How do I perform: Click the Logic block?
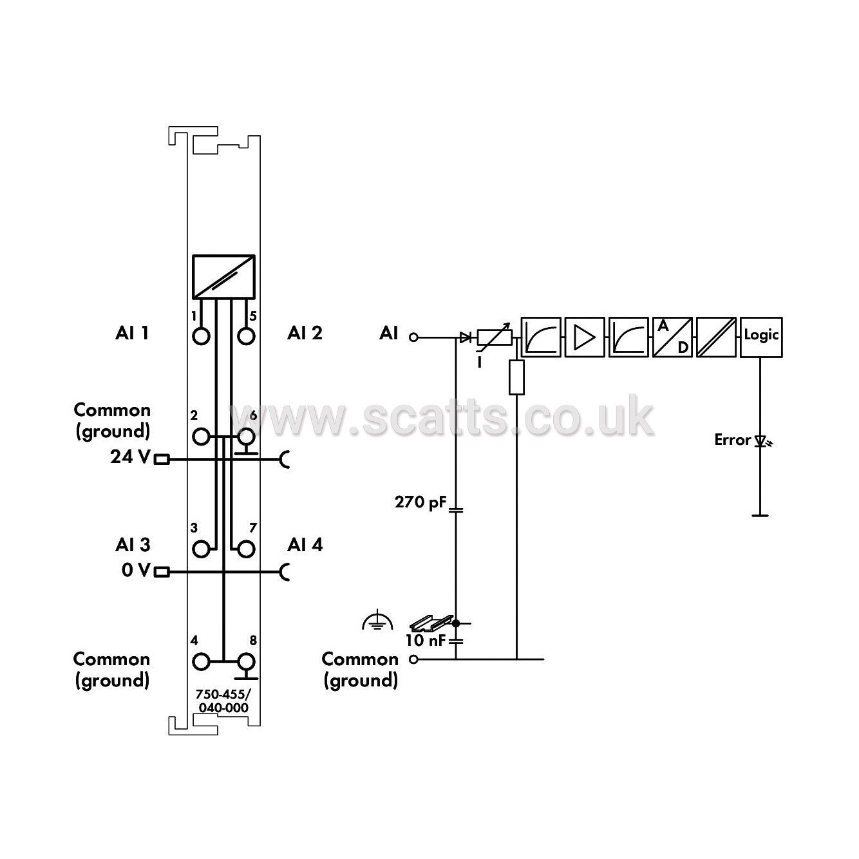761,337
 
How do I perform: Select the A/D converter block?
673,337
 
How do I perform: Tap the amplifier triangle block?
585,337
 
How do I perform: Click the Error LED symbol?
762,441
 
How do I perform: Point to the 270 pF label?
420,502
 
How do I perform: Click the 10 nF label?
425,640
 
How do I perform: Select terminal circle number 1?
202,336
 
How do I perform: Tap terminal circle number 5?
245,336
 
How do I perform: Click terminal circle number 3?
202,549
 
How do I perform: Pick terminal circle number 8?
245,662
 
